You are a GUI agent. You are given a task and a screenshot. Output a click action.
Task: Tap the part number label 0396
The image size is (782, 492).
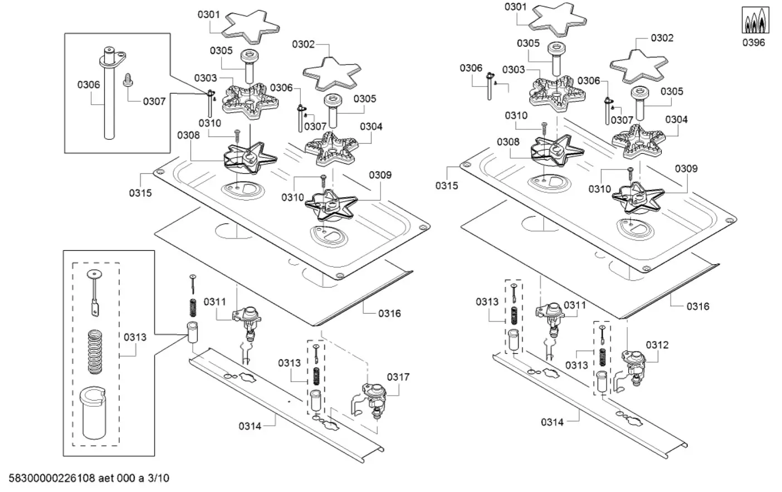point(754,42)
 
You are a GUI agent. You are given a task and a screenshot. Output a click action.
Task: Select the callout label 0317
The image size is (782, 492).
point(398,377)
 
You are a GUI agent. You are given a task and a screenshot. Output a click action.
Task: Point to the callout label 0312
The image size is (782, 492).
point(657,345)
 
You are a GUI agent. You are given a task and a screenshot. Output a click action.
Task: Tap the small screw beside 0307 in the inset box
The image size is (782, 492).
point(127,80)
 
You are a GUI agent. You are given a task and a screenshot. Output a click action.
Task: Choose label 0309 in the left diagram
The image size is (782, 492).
point(380,175)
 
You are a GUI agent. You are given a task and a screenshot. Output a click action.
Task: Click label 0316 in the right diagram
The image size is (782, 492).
point(698,306)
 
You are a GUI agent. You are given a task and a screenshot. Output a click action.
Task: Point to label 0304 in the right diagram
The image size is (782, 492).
point(676,119)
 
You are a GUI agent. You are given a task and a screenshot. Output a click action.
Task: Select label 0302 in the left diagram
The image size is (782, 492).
point(303,45)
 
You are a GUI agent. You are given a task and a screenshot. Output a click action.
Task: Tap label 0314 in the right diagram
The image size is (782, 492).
point(552,422)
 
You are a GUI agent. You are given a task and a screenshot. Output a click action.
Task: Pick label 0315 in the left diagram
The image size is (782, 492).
point(140,193)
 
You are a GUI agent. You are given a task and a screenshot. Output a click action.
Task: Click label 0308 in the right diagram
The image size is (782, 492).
point(508,142)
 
